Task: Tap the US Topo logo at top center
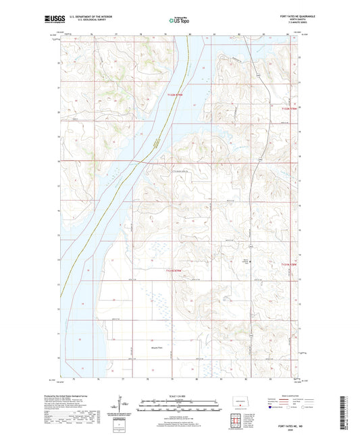tap(180, 21)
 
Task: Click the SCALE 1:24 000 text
tap(180, 394)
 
